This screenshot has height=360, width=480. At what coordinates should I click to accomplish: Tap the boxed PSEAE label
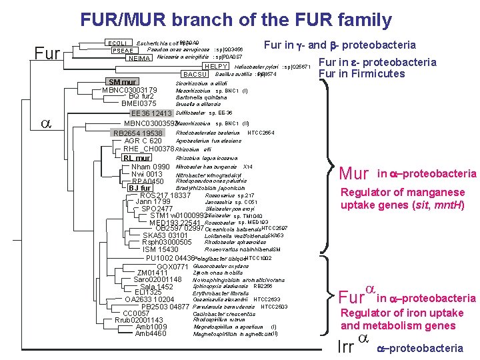click(120, 51)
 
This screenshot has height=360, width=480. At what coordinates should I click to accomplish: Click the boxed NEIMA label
click(139, 59)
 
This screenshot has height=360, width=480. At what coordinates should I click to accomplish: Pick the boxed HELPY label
click(215, 66)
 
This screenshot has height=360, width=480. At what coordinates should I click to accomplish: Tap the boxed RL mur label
click(137, 159)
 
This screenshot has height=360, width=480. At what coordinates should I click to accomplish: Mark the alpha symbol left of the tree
click(46, 123)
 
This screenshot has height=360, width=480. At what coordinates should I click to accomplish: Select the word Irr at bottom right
click(345, 347)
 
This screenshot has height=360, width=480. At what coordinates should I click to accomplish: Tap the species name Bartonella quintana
click(198, 97)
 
